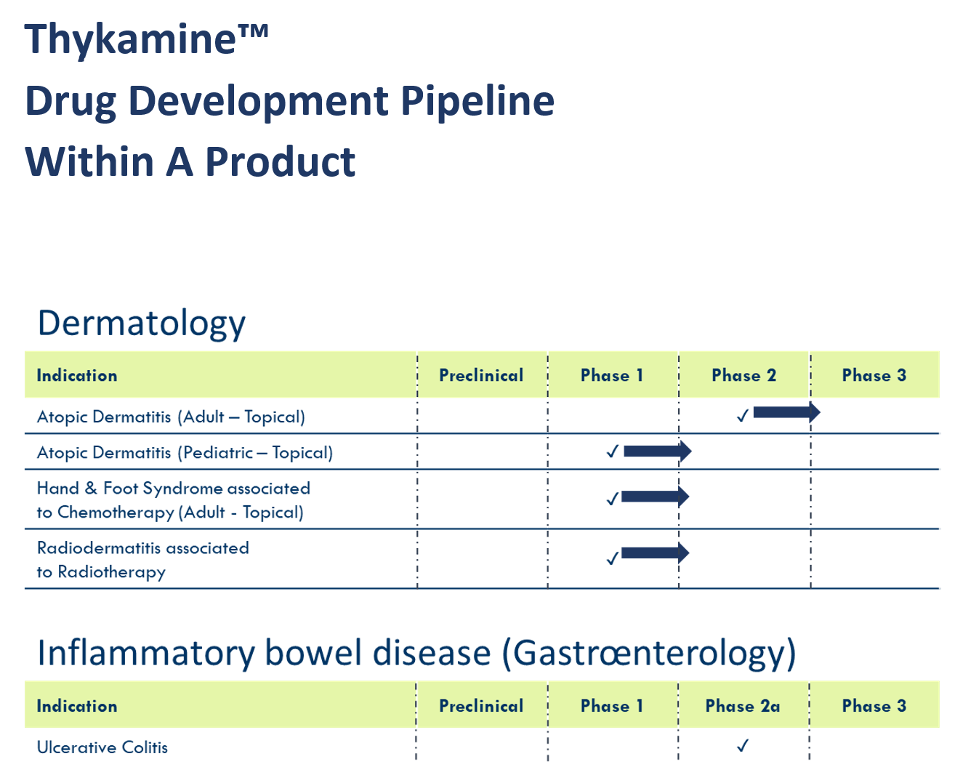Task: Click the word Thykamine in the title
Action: point(130,40)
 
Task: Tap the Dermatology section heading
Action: point(142,324)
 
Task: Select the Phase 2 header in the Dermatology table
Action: point(744,375)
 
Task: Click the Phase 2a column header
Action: point(743,706)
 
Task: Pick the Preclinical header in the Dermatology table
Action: point(481,375)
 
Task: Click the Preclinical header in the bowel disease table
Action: point(481,706)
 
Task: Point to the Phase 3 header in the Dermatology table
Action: point(874,375)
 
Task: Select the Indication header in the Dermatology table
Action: point(77,375)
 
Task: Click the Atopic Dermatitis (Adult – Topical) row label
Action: point(171,417)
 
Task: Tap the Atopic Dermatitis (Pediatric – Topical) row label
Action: point(185,452)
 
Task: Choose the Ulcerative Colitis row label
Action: point(102,747)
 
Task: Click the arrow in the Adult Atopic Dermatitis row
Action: point(786,412)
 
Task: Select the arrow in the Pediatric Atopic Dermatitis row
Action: point(657,451)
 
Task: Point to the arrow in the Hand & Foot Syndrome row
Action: point(655,497)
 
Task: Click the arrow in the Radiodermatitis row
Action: point(655,553)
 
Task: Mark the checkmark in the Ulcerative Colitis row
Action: point(742,745)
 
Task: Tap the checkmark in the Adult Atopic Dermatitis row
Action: point(742,415)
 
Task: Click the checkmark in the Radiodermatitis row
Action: point(612,558)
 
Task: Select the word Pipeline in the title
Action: point(478,101)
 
